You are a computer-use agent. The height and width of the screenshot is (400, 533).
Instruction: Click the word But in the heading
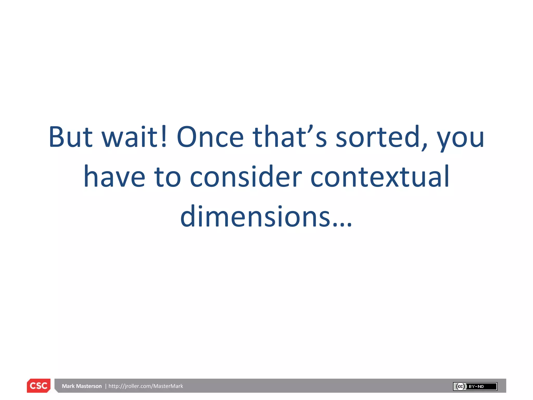(x=71, y=137)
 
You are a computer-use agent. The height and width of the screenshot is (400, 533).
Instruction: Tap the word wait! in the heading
(x=134, y=137)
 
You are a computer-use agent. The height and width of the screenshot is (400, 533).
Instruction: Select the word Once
(x=210, y=137)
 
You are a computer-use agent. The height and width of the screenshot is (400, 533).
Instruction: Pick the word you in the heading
(x=460, y=139)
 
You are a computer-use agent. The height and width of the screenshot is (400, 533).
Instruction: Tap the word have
(x=114, y=177)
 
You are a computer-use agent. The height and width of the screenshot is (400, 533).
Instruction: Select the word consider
(x=246, y=177)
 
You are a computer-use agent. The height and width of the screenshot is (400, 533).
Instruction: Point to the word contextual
(x=380, y=177)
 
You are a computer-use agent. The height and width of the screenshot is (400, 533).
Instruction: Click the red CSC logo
(x=39, y=386)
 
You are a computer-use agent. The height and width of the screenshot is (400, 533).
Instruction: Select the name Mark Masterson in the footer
(x=82, y=386)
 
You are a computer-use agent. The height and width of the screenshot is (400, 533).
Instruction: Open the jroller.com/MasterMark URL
(x=146, y=386)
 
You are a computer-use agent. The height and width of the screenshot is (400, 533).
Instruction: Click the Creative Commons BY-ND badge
(x=475, y=386)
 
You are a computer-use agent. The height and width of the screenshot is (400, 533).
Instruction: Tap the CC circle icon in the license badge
(x=460, y=386)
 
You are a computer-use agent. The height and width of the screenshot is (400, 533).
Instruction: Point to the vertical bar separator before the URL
(x=106, y=386)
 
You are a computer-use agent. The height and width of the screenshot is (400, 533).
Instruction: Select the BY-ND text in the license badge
(x=476, y=386)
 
